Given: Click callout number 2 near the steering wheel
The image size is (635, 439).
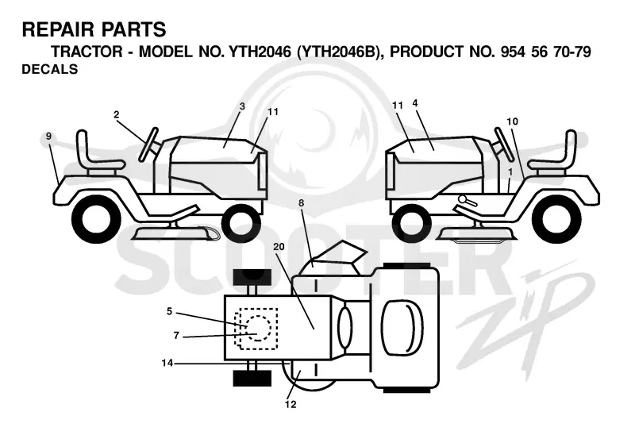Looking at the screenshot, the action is [x=117, y=115].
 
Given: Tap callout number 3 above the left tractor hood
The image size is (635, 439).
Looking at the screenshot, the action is [x=242, y=106].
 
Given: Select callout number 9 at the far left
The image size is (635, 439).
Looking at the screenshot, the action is [x=49, y=137].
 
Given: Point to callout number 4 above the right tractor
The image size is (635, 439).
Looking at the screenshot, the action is [x=415, y=103].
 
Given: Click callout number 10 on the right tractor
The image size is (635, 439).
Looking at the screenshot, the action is [x=512, y=121].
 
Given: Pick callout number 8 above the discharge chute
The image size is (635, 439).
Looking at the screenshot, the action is [x=301, y=203].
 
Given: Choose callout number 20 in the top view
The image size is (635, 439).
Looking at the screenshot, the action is [x=279, y=247].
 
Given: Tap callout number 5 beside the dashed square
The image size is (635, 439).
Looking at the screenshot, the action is [x=169, y=311].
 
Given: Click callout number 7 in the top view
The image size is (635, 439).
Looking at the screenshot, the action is [x=176, y=336].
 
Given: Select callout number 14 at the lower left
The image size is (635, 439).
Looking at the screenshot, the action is [x=167, y=364].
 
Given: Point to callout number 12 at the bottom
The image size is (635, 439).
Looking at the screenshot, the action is [x=291, y=405].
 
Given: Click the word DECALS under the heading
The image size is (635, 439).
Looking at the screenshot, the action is [x=50, y=69].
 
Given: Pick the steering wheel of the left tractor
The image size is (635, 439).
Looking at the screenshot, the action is [x=148, y=144].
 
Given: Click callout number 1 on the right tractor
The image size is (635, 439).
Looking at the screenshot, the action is [x=510, y=172].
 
